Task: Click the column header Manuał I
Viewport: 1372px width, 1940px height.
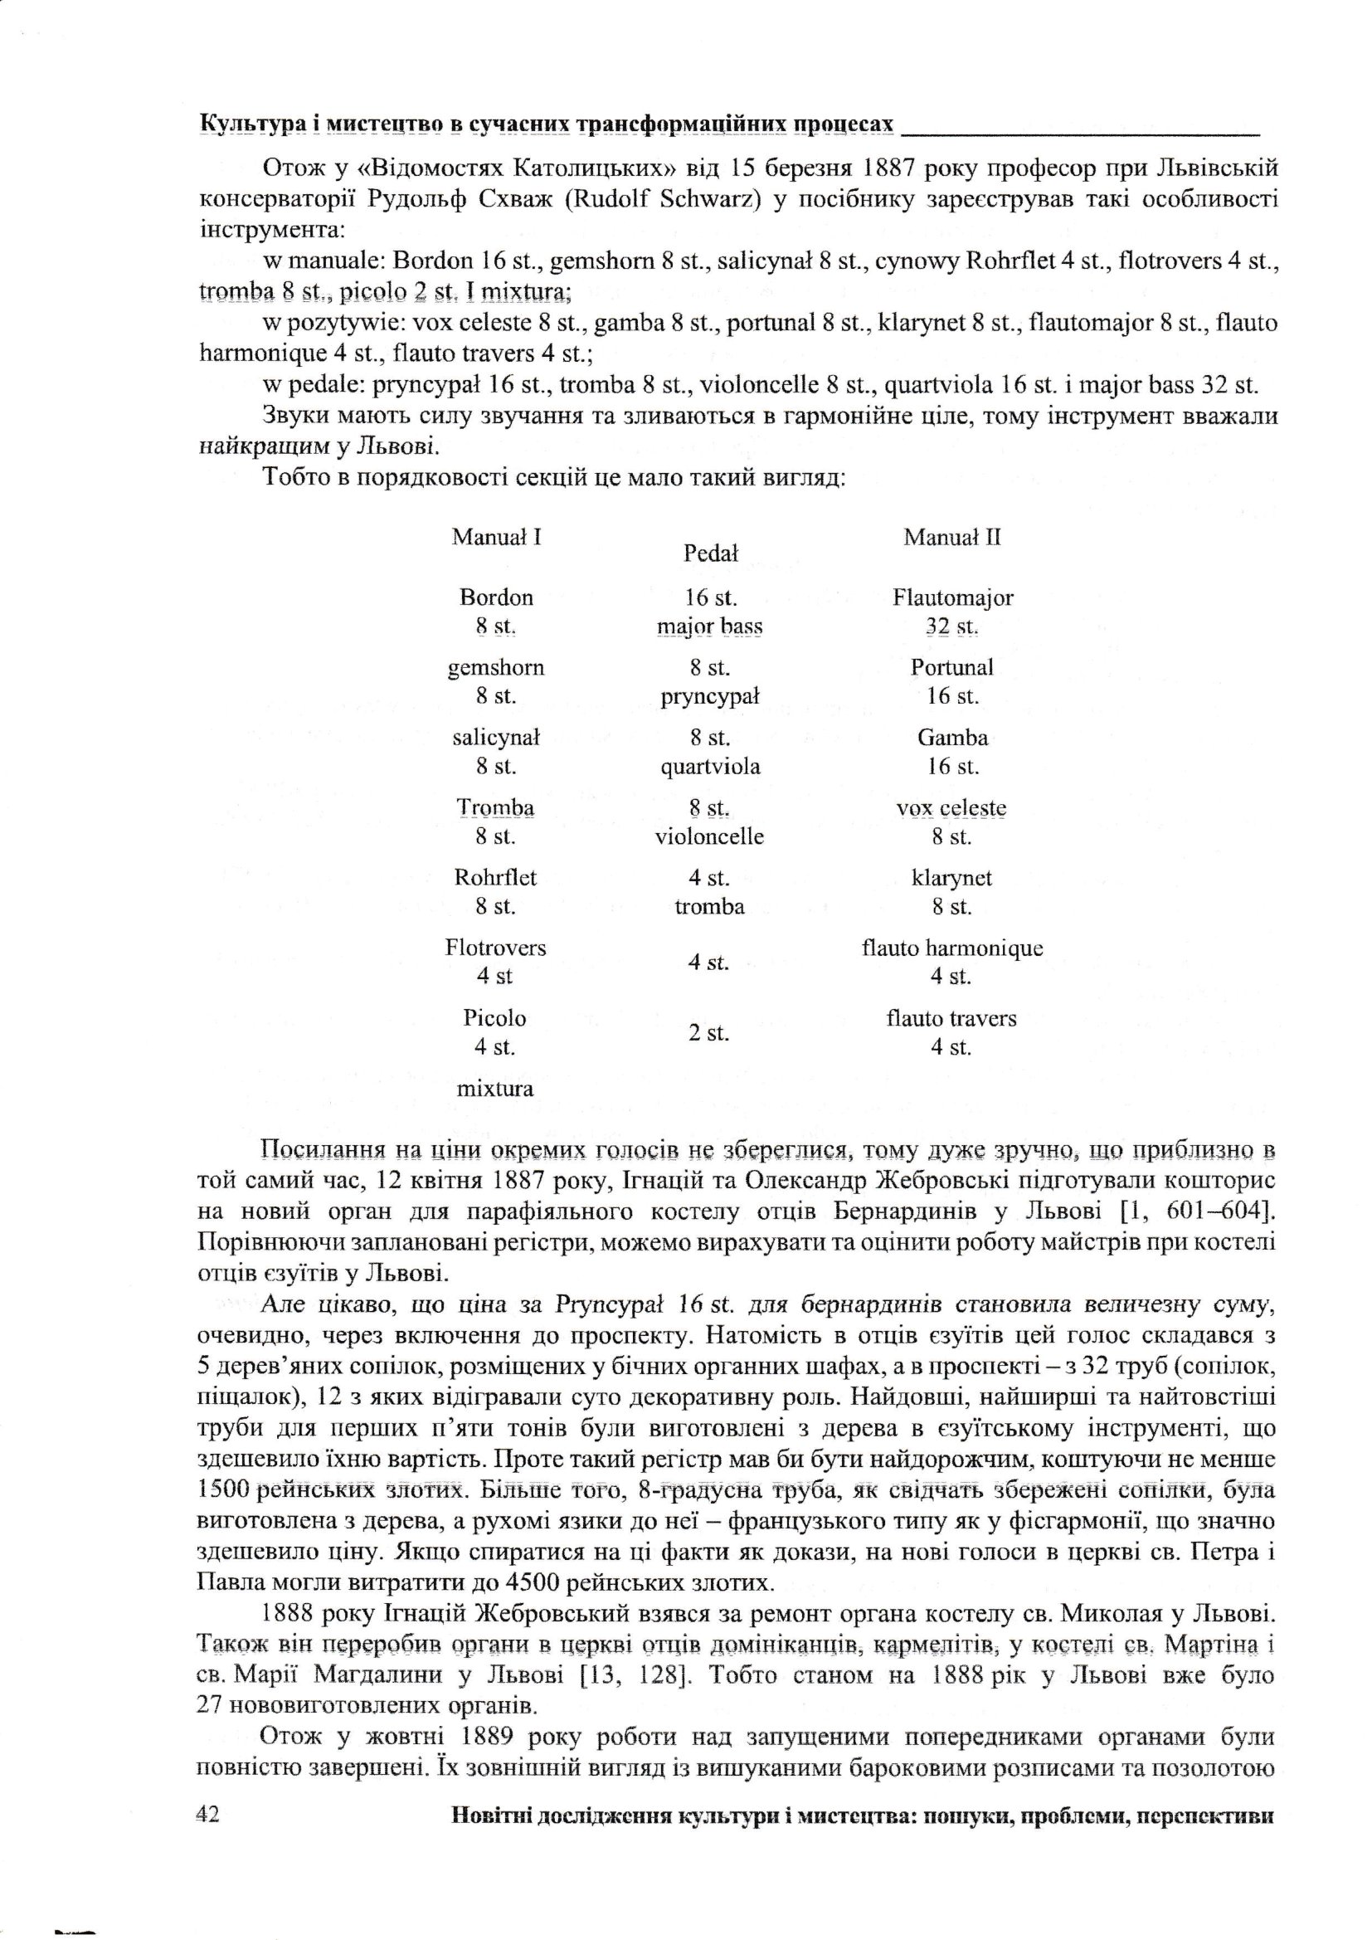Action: point(496,537)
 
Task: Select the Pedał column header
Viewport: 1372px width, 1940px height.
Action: point(710,553)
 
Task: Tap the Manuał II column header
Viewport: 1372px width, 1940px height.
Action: point(952,537)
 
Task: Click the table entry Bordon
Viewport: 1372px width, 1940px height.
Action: point(496,597)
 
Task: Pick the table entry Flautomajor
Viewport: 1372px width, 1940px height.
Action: point(952,597)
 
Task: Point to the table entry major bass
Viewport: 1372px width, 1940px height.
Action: point(710,626)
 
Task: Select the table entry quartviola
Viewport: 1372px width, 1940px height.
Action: point(710,767)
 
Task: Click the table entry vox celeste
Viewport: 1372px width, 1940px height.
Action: point(952,807)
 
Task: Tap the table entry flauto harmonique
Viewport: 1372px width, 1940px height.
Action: point(952,948)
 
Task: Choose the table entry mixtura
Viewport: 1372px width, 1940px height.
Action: point(495,1089)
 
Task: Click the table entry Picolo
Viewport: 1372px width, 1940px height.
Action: point(495,1017)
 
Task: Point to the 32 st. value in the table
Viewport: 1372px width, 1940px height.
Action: point(952,626)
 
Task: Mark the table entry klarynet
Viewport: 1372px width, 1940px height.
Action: point(952,878)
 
